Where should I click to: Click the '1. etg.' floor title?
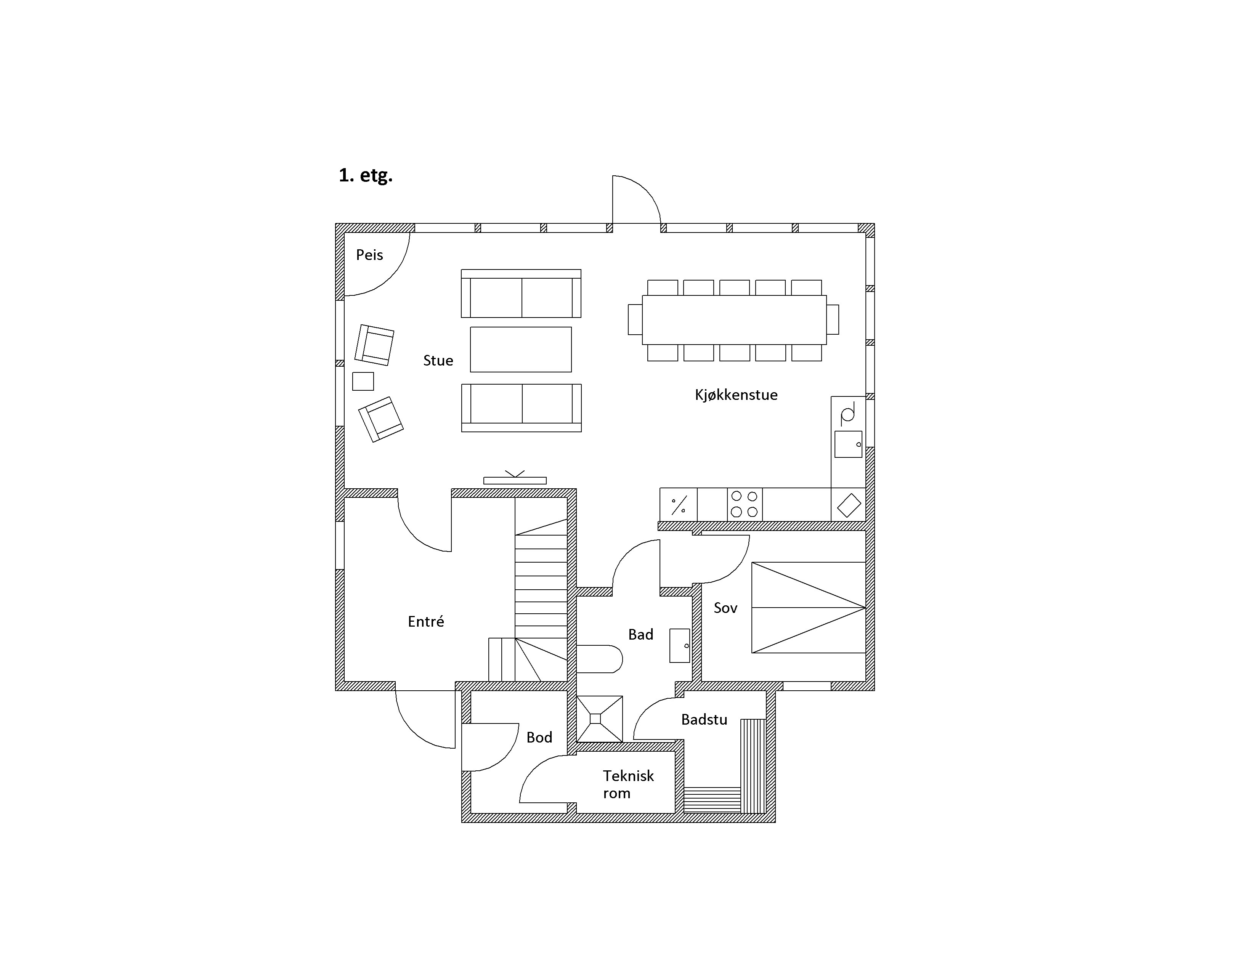(365, 175)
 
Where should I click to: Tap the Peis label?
(369, 255)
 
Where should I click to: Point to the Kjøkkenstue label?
(736, 395)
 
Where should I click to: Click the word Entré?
(426, 621)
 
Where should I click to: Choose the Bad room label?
(640, 635)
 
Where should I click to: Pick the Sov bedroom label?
(725, 608)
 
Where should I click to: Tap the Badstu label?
(704, 719)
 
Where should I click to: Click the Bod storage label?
(539, 738)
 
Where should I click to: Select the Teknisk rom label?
(628, 784)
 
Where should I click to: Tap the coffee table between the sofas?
(521, 350)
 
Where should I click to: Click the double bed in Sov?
(808, 608)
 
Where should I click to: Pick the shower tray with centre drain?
(599, 719)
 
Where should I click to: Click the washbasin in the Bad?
(680, 645)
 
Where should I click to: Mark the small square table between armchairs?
(363, 381)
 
